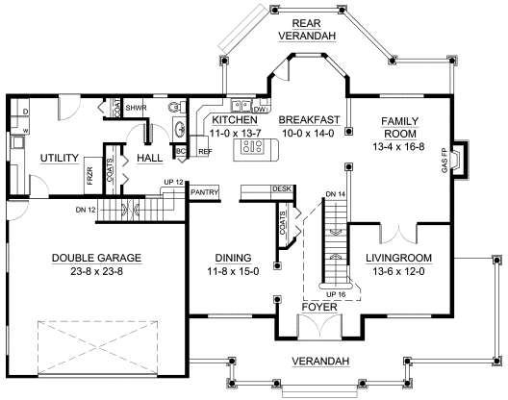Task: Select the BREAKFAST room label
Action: [308, 118]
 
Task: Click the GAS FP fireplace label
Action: [444, 161]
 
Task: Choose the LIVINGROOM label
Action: [398, 258]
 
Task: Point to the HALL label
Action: [150, 157]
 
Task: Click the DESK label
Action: [282, 188]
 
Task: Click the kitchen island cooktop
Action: [254, 146]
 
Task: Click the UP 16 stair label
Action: [335, 293]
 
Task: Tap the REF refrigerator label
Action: [205, 152]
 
